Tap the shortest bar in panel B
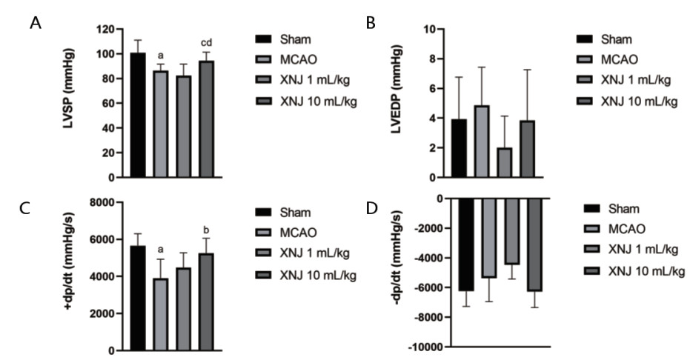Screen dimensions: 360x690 click(505, 163)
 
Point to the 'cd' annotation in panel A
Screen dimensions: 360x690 click(207, 42)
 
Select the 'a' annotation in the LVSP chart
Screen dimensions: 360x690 click(162, 54)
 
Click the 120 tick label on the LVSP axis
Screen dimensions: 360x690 click(113, 30)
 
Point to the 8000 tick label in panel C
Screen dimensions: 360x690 click(107, 203)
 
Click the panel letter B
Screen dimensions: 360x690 click(371, 24)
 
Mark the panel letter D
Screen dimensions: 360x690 click(371, 208)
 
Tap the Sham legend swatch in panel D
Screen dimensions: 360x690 click(593, 208)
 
